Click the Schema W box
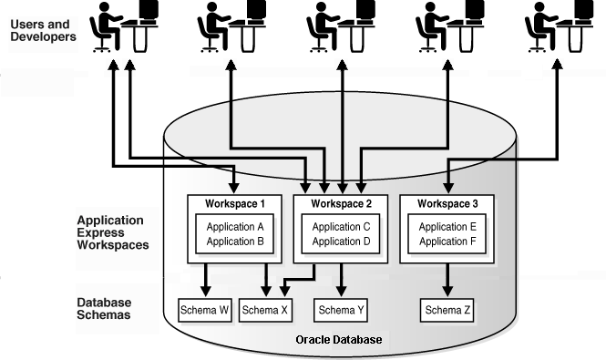click(x=210, y=310)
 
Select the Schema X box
click(x=266, y=310)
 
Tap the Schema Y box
click(x=342, y=310)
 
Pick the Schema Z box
click(x=448, y=310)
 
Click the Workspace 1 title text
click(x=235, y=203)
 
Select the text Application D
click(x=342, y=241)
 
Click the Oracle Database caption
click(x=339, y=340)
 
